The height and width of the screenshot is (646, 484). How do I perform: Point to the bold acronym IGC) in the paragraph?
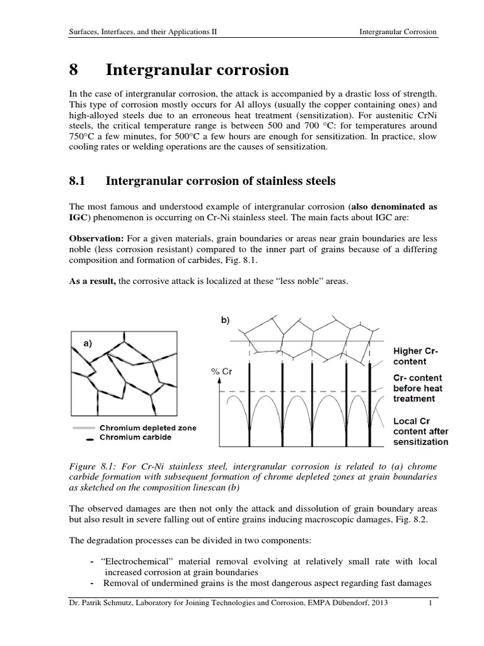click(x=79, y=219)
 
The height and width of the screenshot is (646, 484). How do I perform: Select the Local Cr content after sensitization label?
click(x=420, y=431)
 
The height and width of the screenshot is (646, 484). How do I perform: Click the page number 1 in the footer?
click(x=429, y=621)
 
